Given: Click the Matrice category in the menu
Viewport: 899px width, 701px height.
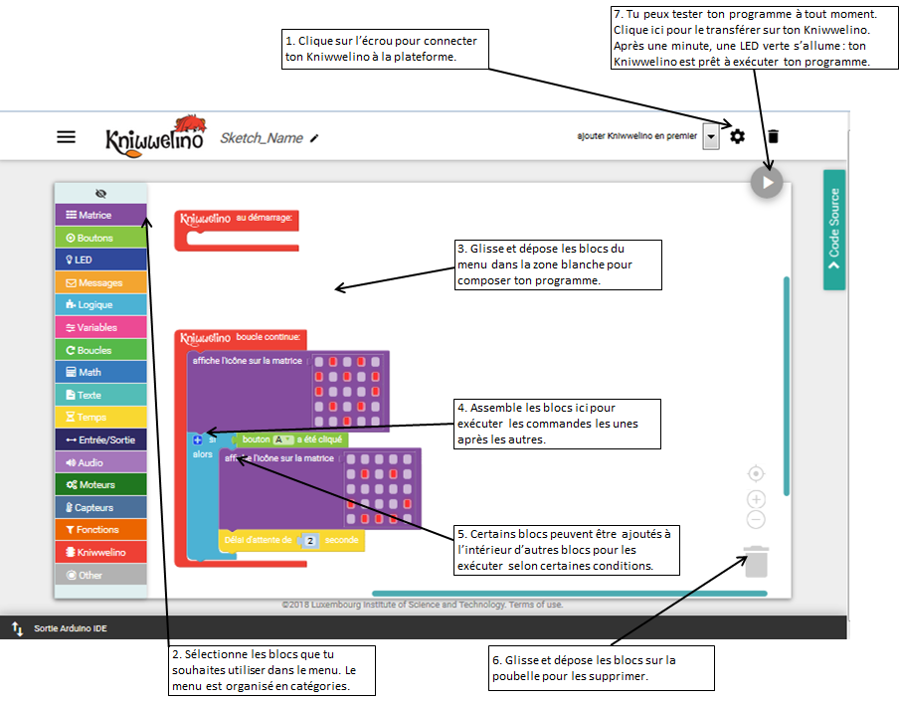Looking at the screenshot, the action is [100, 215].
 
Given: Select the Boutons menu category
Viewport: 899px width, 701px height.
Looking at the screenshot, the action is [100, 238].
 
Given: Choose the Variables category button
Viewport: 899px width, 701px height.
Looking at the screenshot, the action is [100, 327].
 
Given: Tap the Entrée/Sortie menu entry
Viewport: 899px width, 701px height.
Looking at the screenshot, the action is [100, 439].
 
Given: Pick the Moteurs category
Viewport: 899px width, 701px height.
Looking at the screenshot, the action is [100, 484].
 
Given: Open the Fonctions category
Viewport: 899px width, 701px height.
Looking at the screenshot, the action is [100, 530].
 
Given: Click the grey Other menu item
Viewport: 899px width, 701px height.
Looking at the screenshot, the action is [100, 575].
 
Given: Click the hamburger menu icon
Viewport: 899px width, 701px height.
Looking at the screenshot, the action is [66, 137].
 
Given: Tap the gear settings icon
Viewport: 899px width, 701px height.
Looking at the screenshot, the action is [737, 136].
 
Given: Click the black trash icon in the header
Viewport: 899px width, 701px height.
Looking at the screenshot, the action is [774, 136].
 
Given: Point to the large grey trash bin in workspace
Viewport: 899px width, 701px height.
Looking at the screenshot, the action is [756, 562].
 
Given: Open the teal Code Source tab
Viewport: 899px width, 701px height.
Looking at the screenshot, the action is [834, 230].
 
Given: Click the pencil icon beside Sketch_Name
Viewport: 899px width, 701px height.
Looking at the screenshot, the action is [314, 138].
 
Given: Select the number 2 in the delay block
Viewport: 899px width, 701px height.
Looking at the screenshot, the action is [310, 541].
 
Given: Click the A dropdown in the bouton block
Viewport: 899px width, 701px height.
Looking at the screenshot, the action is [282, 439].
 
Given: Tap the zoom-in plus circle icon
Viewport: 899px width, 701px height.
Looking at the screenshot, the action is [756, 499].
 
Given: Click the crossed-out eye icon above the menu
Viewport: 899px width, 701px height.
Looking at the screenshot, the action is [100, 194].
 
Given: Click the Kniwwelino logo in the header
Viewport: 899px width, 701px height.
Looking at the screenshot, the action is [155, 136].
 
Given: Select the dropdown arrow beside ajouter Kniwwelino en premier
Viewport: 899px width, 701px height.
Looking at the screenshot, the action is [711, 137].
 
